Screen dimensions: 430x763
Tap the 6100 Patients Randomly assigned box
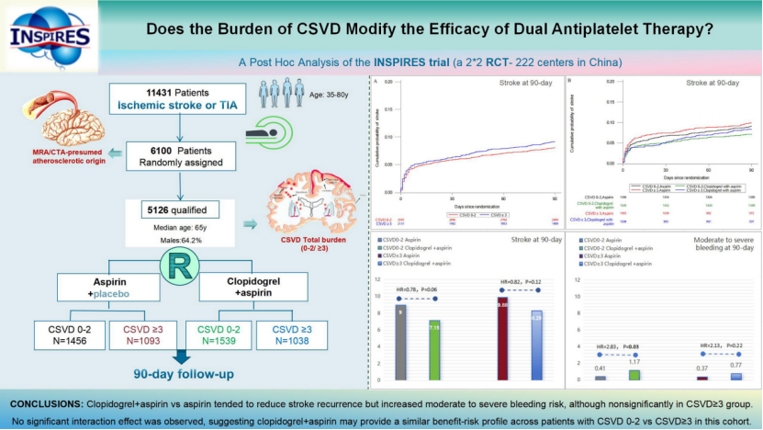pyautogui.click(x=175, y=156)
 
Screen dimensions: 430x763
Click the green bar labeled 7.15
pyautogui.click(x=433, y=350)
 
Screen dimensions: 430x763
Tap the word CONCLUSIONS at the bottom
pyautogui.click(x=44, y=404)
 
